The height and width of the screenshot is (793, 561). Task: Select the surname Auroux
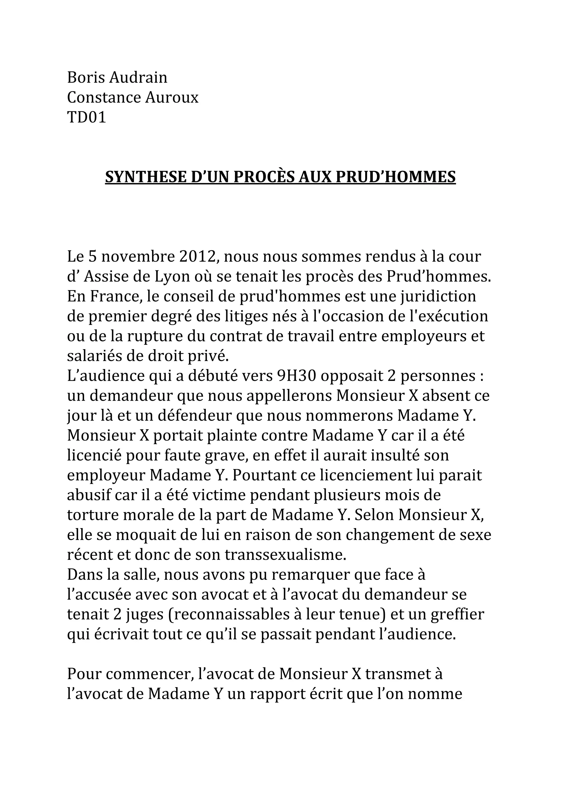coord(172,97)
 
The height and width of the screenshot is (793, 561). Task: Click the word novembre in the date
coord(138,257)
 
